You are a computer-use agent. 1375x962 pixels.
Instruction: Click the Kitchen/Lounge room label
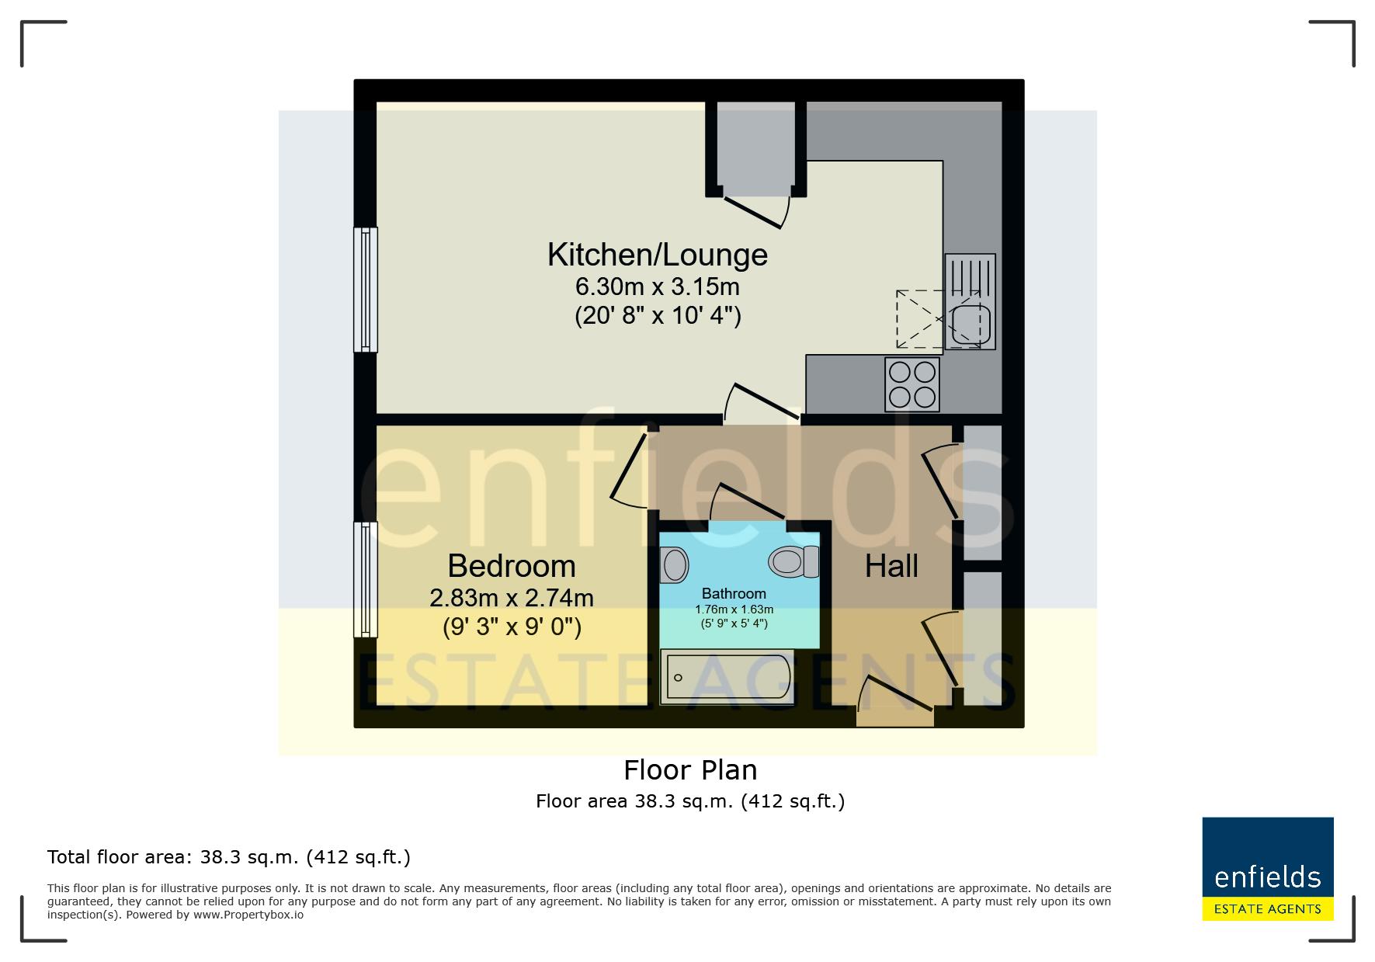pos(658,255)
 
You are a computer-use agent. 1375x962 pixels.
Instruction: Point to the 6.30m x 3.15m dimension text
pos(657,287)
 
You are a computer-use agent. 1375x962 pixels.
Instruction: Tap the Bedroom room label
pos(512,566)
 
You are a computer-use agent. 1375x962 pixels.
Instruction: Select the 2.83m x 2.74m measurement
pos(512,598)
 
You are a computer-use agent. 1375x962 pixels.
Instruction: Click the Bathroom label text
pos(734,594)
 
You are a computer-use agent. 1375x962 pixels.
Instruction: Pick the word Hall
pos(892,566)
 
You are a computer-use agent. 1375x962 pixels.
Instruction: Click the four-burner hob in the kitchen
pos(912,384)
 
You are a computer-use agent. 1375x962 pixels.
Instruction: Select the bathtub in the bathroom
pos(727,677)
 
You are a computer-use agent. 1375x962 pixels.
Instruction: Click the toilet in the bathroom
pos(794,561)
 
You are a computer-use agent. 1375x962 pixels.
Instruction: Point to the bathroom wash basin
pos(674,564)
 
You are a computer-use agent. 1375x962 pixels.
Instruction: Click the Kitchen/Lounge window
pos(366,289)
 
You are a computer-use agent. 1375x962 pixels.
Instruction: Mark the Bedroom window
pos(366,579)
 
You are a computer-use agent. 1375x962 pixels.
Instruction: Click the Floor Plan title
pos(690,770)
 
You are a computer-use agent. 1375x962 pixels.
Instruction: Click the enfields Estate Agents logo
pos(1268,869)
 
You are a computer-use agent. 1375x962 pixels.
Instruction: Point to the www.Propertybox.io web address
pos(248,915)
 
